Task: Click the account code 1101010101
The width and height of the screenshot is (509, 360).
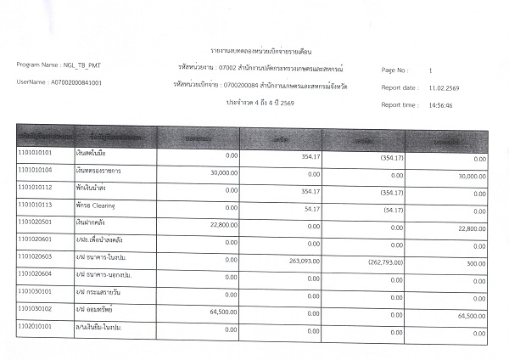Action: pyautogui.click(x=36, y=154)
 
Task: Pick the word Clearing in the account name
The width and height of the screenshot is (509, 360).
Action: pyautogui.click(x=103, y=205)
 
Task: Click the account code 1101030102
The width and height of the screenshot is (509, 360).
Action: pyautogui.click(x=36, y=309)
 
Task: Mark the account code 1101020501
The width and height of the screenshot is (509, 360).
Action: pyautogui.click(x=36, y=222)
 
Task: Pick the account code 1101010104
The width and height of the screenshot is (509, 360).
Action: pyautogui.click(x=36, y=171)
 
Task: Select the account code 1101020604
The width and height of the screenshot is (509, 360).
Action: pyautogui.click(x=36, y=274)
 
